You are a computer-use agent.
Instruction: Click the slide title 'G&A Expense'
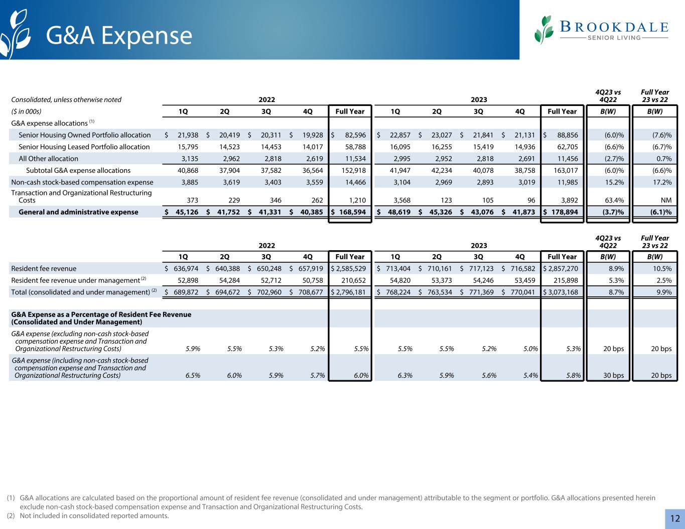pyautogui.click(x=119, y=36)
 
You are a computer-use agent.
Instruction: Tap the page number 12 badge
pyautogui.click(x=674, y=518)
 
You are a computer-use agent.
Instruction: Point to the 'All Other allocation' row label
pyautogui.click(x=48, y=159)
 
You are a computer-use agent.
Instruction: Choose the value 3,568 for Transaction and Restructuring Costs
pyautogui.click(x=400, y=200)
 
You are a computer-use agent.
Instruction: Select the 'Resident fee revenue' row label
pyautogui.click(x=44, y=269)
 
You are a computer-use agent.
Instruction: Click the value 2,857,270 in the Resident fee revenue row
pyautogui.click(x=562, y=269)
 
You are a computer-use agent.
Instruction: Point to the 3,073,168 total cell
pyautogui.click(x=562, y=292)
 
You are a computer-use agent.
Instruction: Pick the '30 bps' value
pyautogui.click(x=613, y=375)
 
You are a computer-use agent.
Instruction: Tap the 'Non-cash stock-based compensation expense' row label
pyautogui.click(x=82, y=182)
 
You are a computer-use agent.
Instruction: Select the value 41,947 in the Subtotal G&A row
pyautogui.click(x=400, y=171)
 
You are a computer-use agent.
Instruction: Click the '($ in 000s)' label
pyautogui.click(x=26, y=112)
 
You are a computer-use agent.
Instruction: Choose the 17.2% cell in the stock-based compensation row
pyautogui.click(x=661, y=182)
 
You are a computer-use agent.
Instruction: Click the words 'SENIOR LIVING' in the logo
pyautogui.click(x=614, y=38)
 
